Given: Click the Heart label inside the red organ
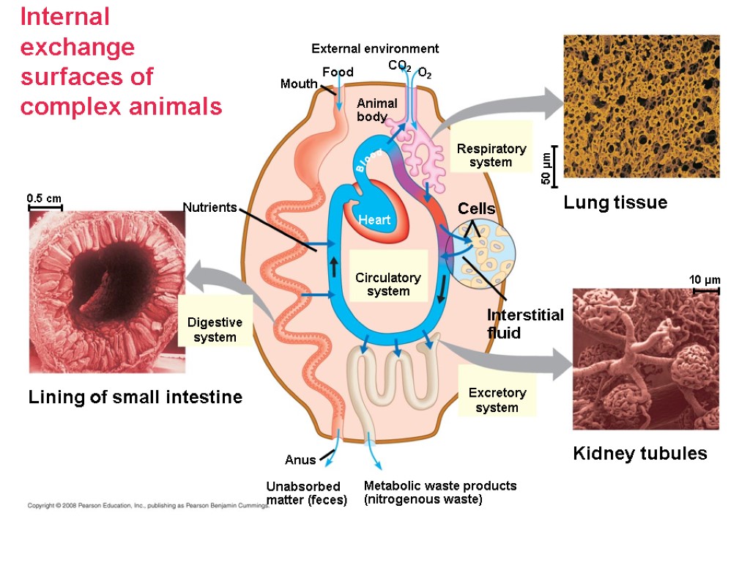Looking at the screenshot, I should coord(374,220).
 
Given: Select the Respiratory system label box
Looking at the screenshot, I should coord(491,155).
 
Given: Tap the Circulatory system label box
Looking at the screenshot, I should coord(388,284).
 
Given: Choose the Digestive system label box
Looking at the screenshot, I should coord(215,330).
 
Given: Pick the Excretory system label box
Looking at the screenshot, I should coord(497,400).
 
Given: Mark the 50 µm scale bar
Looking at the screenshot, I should coord(555,167).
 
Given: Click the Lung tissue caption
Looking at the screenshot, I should coord(615,202).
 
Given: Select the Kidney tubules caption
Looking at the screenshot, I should coord(639,454).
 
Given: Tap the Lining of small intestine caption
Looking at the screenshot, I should coord(135,397).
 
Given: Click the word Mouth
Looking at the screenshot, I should coord(299,84).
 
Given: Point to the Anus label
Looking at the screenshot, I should coord(300,460).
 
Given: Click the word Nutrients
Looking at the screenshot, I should coord(209,207).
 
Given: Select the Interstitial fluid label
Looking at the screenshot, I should coord(525,324).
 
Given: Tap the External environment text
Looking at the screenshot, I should coord(375,49).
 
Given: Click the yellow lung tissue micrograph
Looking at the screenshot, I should coord(641,106).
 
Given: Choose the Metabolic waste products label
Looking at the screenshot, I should coord(439,493).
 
